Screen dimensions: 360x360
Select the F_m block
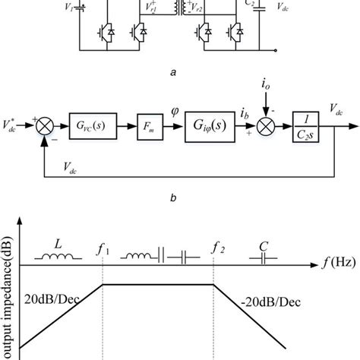[148, 122]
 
